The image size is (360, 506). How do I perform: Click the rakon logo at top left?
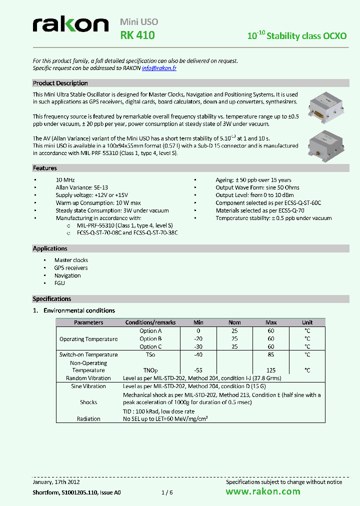70,25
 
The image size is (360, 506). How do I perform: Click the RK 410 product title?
137,35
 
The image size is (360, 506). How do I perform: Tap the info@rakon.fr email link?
159,68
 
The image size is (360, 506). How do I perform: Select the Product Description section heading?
60,83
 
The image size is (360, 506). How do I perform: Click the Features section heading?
45,168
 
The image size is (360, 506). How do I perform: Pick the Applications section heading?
50,248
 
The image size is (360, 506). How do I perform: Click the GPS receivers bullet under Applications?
71,268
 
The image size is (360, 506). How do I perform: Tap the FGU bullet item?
59,283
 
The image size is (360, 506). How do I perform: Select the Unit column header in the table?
307,322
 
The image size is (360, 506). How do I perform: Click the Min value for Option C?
198,346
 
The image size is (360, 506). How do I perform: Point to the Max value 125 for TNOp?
271,370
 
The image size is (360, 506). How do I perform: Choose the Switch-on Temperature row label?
88,354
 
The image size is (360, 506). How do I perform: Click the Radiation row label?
88,419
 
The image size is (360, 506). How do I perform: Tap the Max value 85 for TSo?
271,354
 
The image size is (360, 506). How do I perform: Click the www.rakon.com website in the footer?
263,491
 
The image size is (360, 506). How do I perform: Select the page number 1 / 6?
167,492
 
